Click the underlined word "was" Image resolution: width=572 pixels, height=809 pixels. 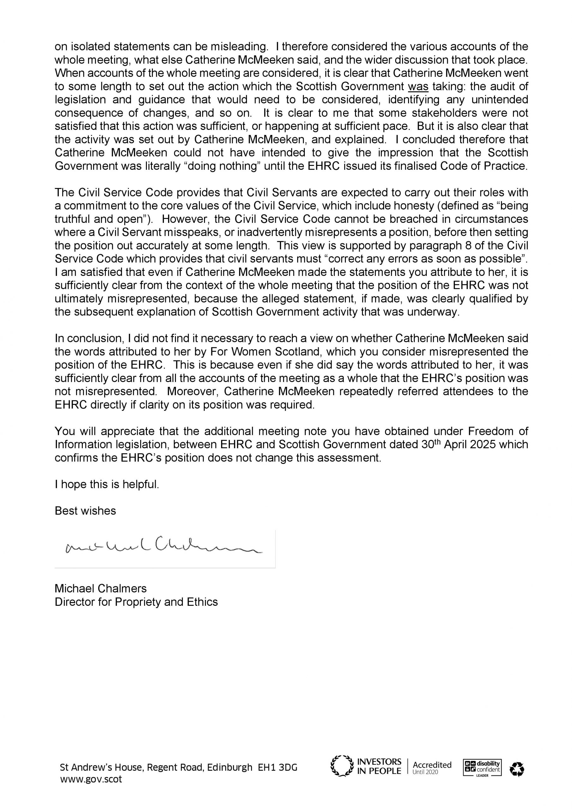click(418, 86)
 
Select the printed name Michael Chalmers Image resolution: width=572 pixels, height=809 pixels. click(100, 588)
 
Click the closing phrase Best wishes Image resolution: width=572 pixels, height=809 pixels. click(85, 511)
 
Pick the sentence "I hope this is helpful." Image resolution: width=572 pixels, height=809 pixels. click(107, 484)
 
